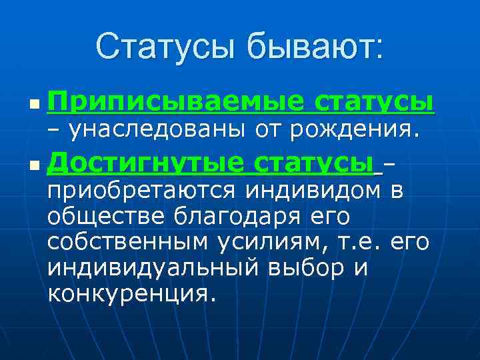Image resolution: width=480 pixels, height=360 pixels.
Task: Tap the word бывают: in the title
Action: pos(316,48)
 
